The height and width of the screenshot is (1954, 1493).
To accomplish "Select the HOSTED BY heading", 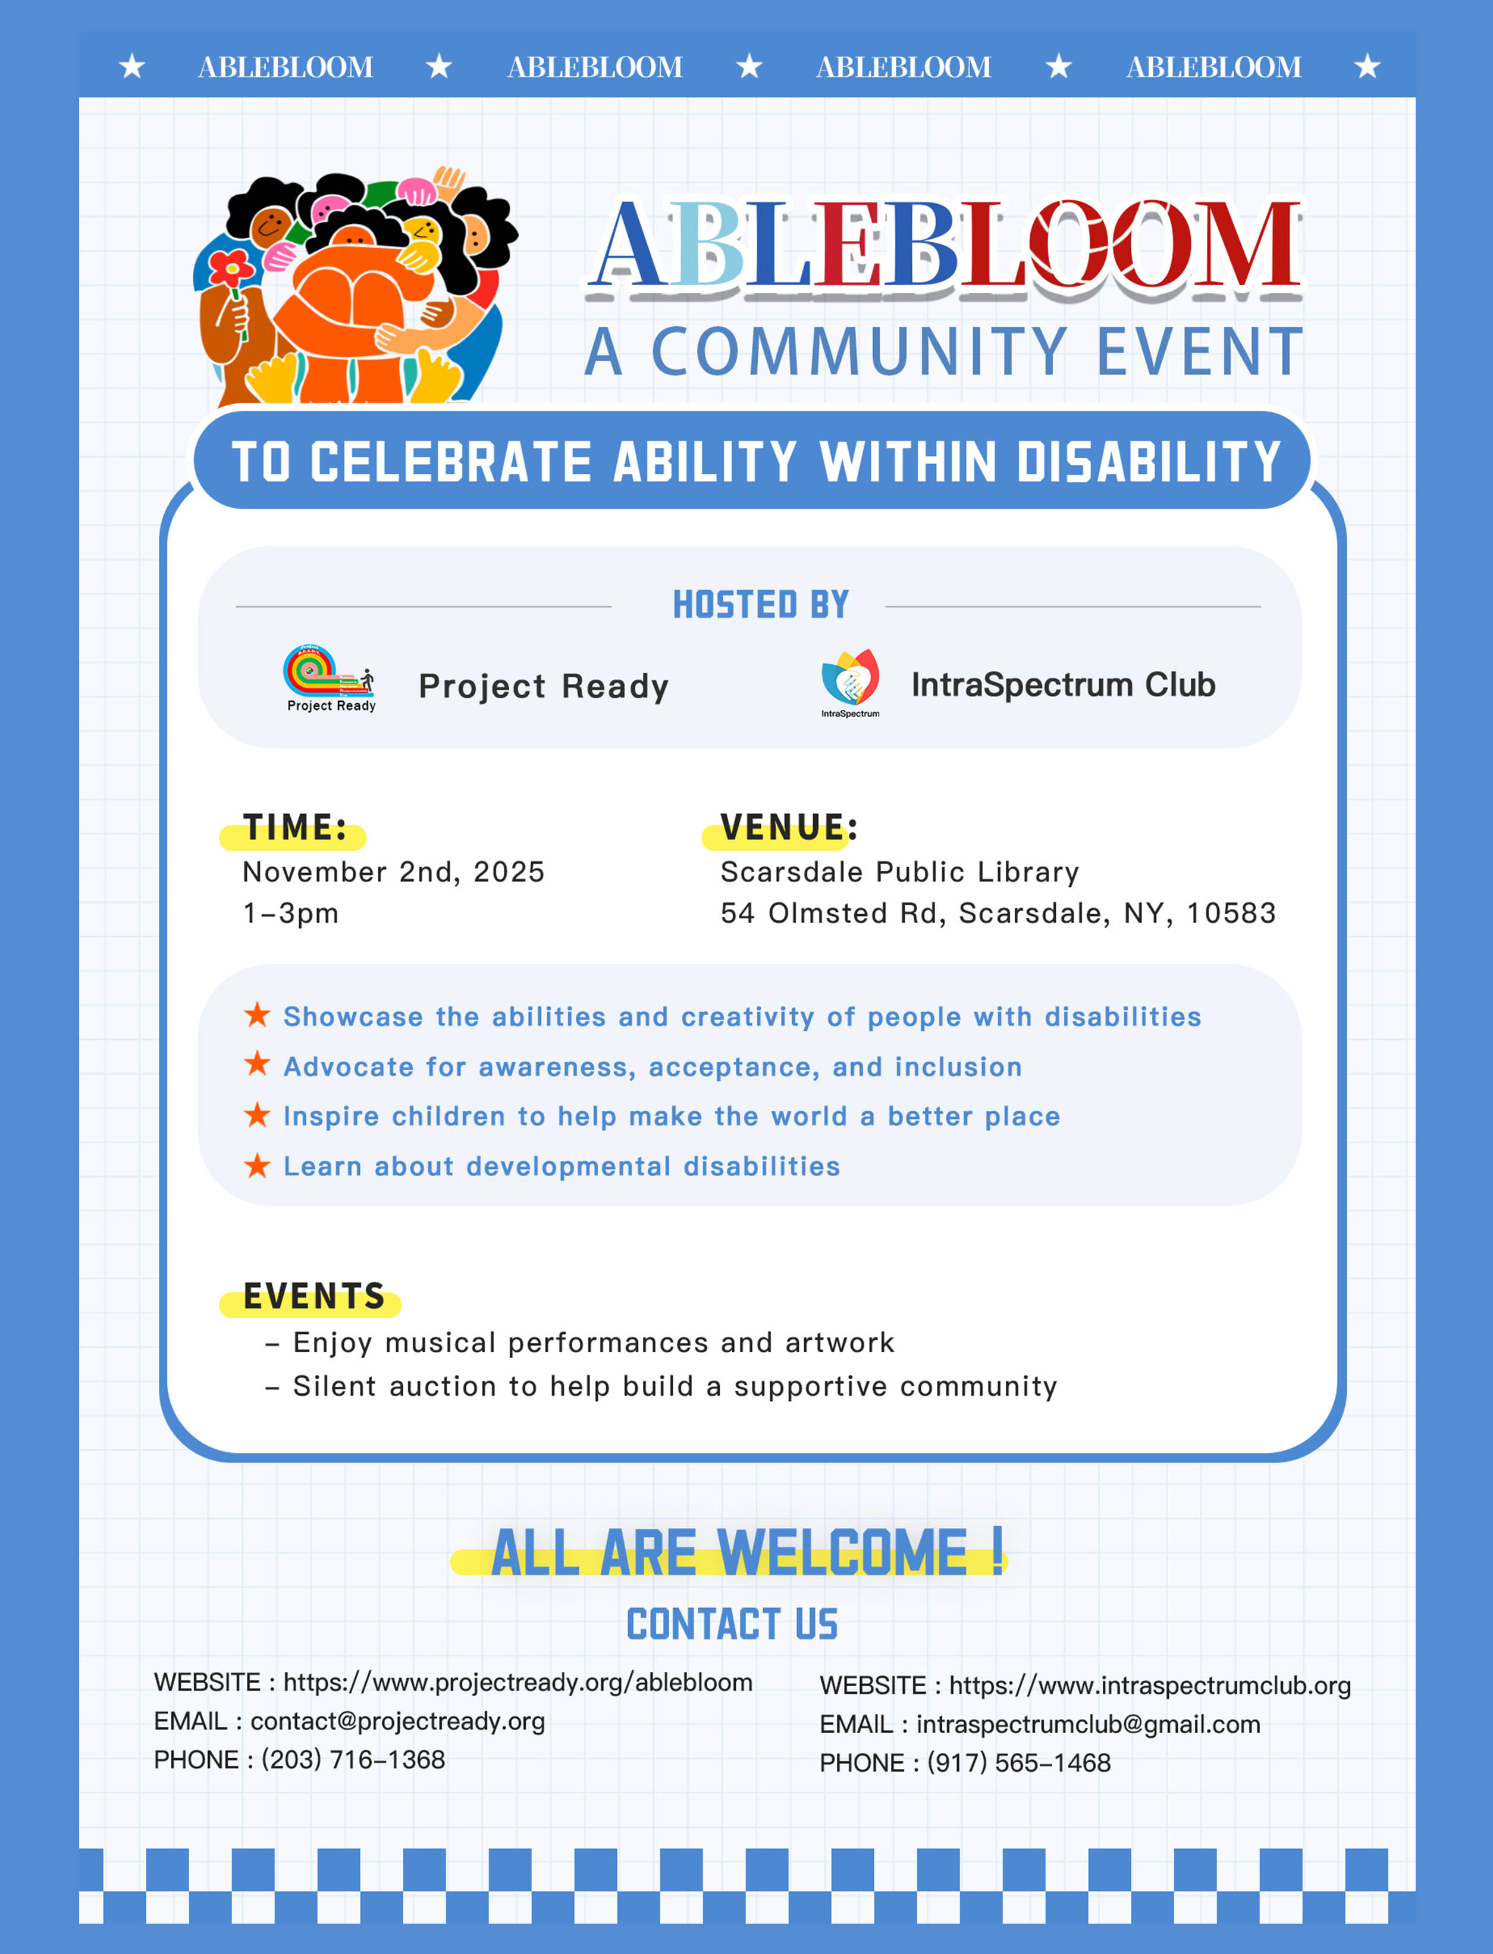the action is [761, 605].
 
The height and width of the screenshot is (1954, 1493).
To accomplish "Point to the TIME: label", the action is [294, 828].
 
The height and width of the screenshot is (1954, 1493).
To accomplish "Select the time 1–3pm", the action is [291, 914].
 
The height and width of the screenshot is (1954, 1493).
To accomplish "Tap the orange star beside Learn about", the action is [257, 1165].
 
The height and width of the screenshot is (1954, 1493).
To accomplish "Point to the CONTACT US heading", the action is [732, 1624].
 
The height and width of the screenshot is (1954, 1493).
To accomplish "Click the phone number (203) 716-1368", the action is [353, 1760].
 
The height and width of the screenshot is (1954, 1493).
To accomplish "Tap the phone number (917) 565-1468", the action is [1018, 1763].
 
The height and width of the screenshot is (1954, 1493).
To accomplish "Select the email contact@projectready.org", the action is [397, 1721].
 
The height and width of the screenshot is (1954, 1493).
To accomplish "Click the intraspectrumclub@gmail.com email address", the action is [1088, 1725].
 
